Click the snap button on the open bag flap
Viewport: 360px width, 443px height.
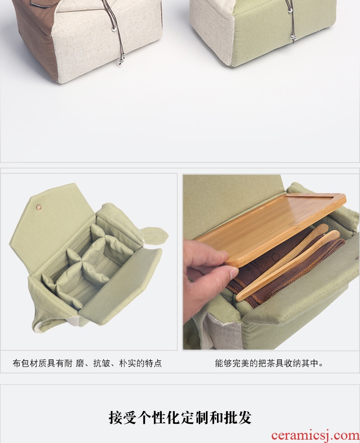click(38, 208)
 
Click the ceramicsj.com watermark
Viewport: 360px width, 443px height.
click(315, 436)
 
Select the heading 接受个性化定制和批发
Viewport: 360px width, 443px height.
click(180, 418)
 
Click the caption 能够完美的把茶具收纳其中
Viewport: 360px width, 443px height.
click(269, 363)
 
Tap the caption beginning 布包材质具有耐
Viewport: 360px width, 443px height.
click(87, 363)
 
